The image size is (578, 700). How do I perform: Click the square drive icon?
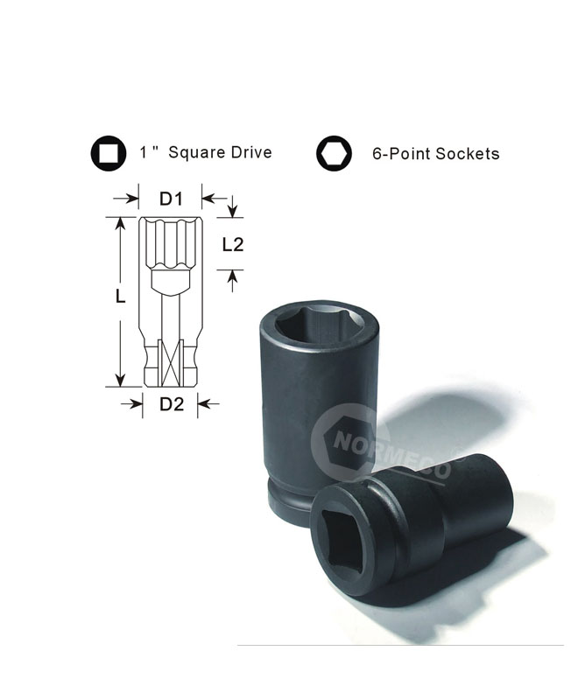point(108,152)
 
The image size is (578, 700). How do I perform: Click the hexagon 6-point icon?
point(334,153)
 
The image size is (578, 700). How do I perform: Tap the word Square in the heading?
point(196,153)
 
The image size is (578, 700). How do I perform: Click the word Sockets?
point(468,154)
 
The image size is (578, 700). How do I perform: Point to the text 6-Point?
point(402,155)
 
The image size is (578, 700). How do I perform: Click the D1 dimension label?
point(171,199)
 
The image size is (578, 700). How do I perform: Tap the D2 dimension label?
point(172,404)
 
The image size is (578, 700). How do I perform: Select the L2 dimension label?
point(233,245)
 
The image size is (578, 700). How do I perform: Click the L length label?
point(120,296)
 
